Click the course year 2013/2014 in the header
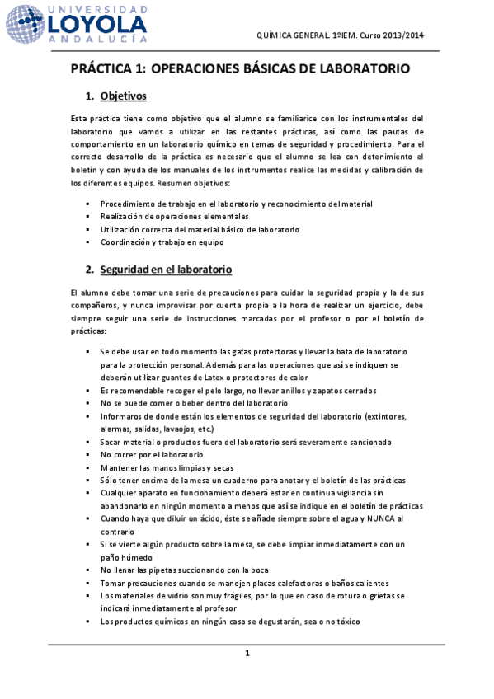coord(404,36)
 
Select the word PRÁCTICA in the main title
coord(104,70)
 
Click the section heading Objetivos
coord(123,96)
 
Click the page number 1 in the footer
coord(247,654)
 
